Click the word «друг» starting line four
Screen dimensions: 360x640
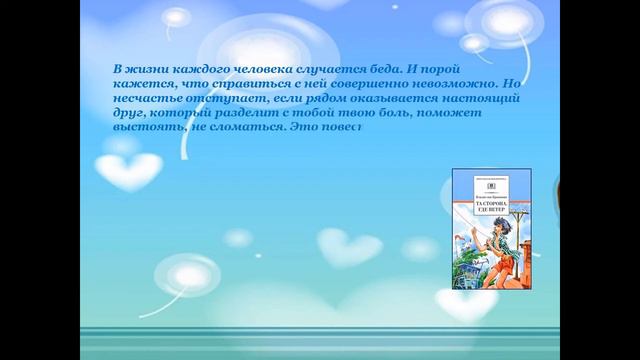(x=128, y=114)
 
